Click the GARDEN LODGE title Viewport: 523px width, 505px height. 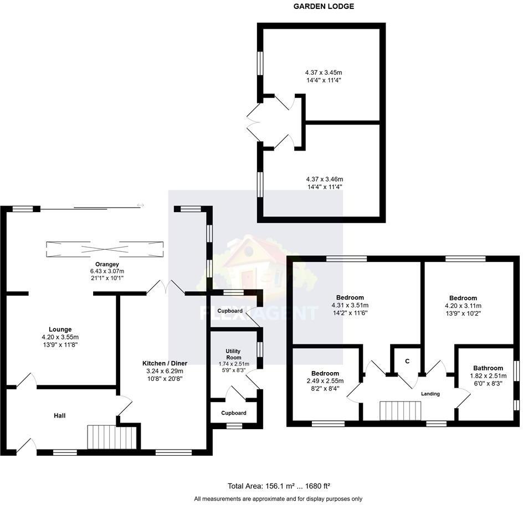pyautogui.click(x=324, y=7)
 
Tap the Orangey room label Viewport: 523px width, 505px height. pyautogui.click(x=107, y=264)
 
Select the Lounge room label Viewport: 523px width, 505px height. pyautogui.click(x=60, y=329)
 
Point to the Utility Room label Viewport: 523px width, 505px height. pyautogui.click(x=233, y=354)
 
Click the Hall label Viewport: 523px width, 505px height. pyautogui.click(x=60, y=415)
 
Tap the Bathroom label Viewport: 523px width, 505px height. pyautogui.click(x=488, y=368)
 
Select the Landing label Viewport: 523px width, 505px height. pyautogui.click(x=430, y=394)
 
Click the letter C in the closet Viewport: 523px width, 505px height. pyautogui.click(x=407, y=362)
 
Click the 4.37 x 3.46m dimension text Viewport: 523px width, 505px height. pyautogui.click(x=324, y=179)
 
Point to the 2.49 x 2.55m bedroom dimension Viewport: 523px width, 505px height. pyautogui.click(x=325, y=381)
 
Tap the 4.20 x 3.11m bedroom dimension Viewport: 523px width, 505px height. pyautogui.click(x=463, y=306)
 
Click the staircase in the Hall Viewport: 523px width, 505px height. pyautogui.click(x=111, y=437)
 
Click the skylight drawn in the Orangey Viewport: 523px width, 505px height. pyautogui.click(x=105, y=249)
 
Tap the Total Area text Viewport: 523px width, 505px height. pyautogui.click(x=279, y=486)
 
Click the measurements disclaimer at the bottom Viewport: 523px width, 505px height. pyautogui.click(x=278, y=499)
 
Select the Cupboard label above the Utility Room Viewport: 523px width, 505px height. pyautogui.click(x=229, y=311)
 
